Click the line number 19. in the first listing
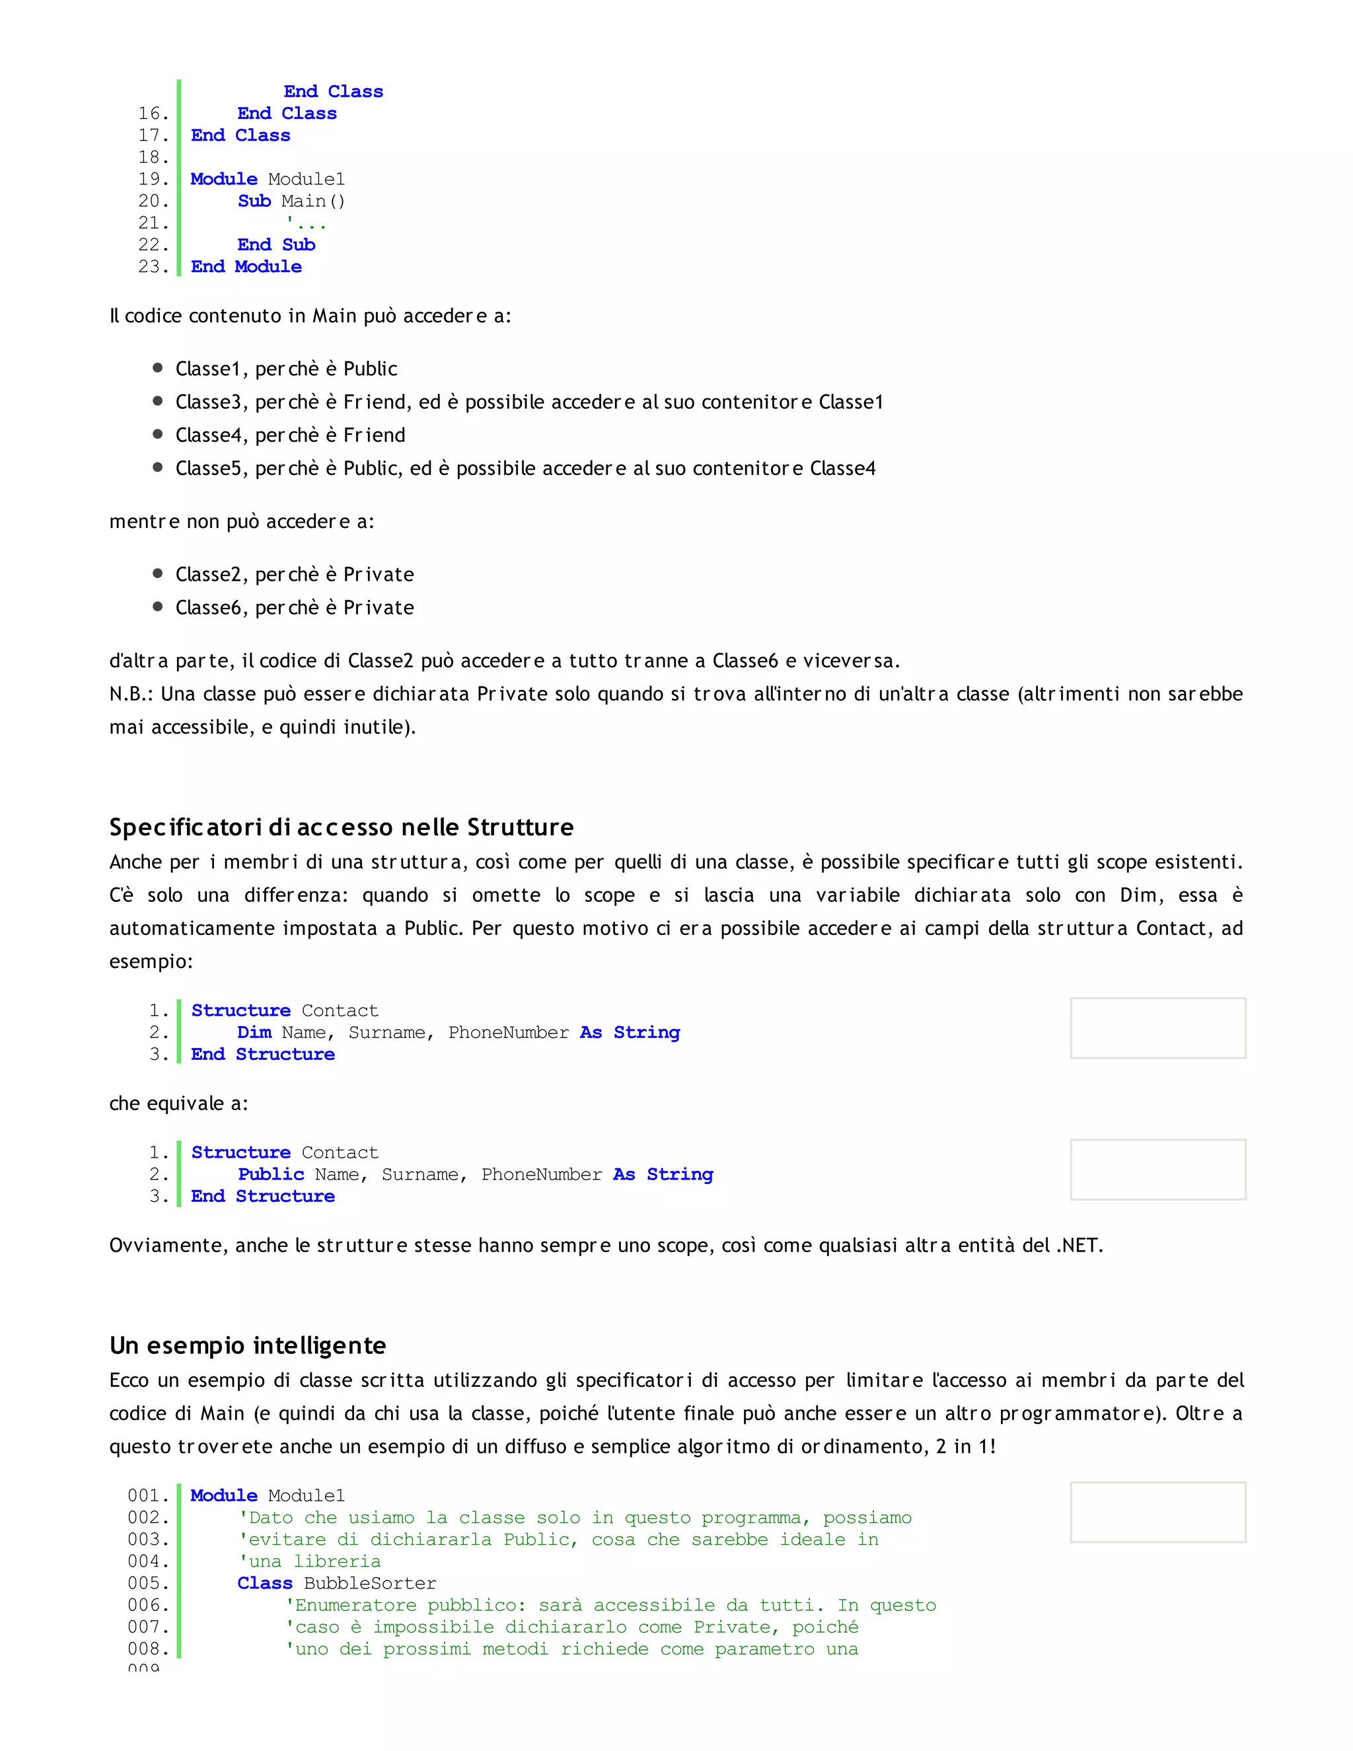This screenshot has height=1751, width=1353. (x=153, y=179)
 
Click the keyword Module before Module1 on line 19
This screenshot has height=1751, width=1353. (x=224, y=179)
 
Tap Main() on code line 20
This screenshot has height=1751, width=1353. (x=312, y=202)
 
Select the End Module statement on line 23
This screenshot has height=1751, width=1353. (x=246, y=267)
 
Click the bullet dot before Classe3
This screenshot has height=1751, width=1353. (x=158, y=401)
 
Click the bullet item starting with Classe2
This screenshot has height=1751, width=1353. (x=294, y=575)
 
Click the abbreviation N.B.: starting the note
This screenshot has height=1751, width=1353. (x=132, y=694)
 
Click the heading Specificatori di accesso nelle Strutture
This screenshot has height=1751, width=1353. (x=342, y=827)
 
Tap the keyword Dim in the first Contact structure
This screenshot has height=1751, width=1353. (x=254, y=1033)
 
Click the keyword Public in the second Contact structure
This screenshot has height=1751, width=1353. (x=271, y=1175)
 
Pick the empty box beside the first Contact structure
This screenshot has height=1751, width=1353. (x=1157, y=1028)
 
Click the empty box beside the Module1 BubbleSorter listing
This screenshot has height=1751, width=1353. (x=1157, y=1512)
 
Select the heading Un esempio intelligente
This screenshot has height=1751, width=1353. (x=248, y=1345)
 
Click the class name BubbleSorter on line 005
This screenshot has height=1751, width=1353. (x=369, y=1583)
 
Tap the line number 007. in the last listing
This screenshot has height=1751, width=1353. (x=148, y=1627)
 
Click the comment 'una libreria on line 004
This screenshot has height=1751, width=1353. (x=311, y=1562)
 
